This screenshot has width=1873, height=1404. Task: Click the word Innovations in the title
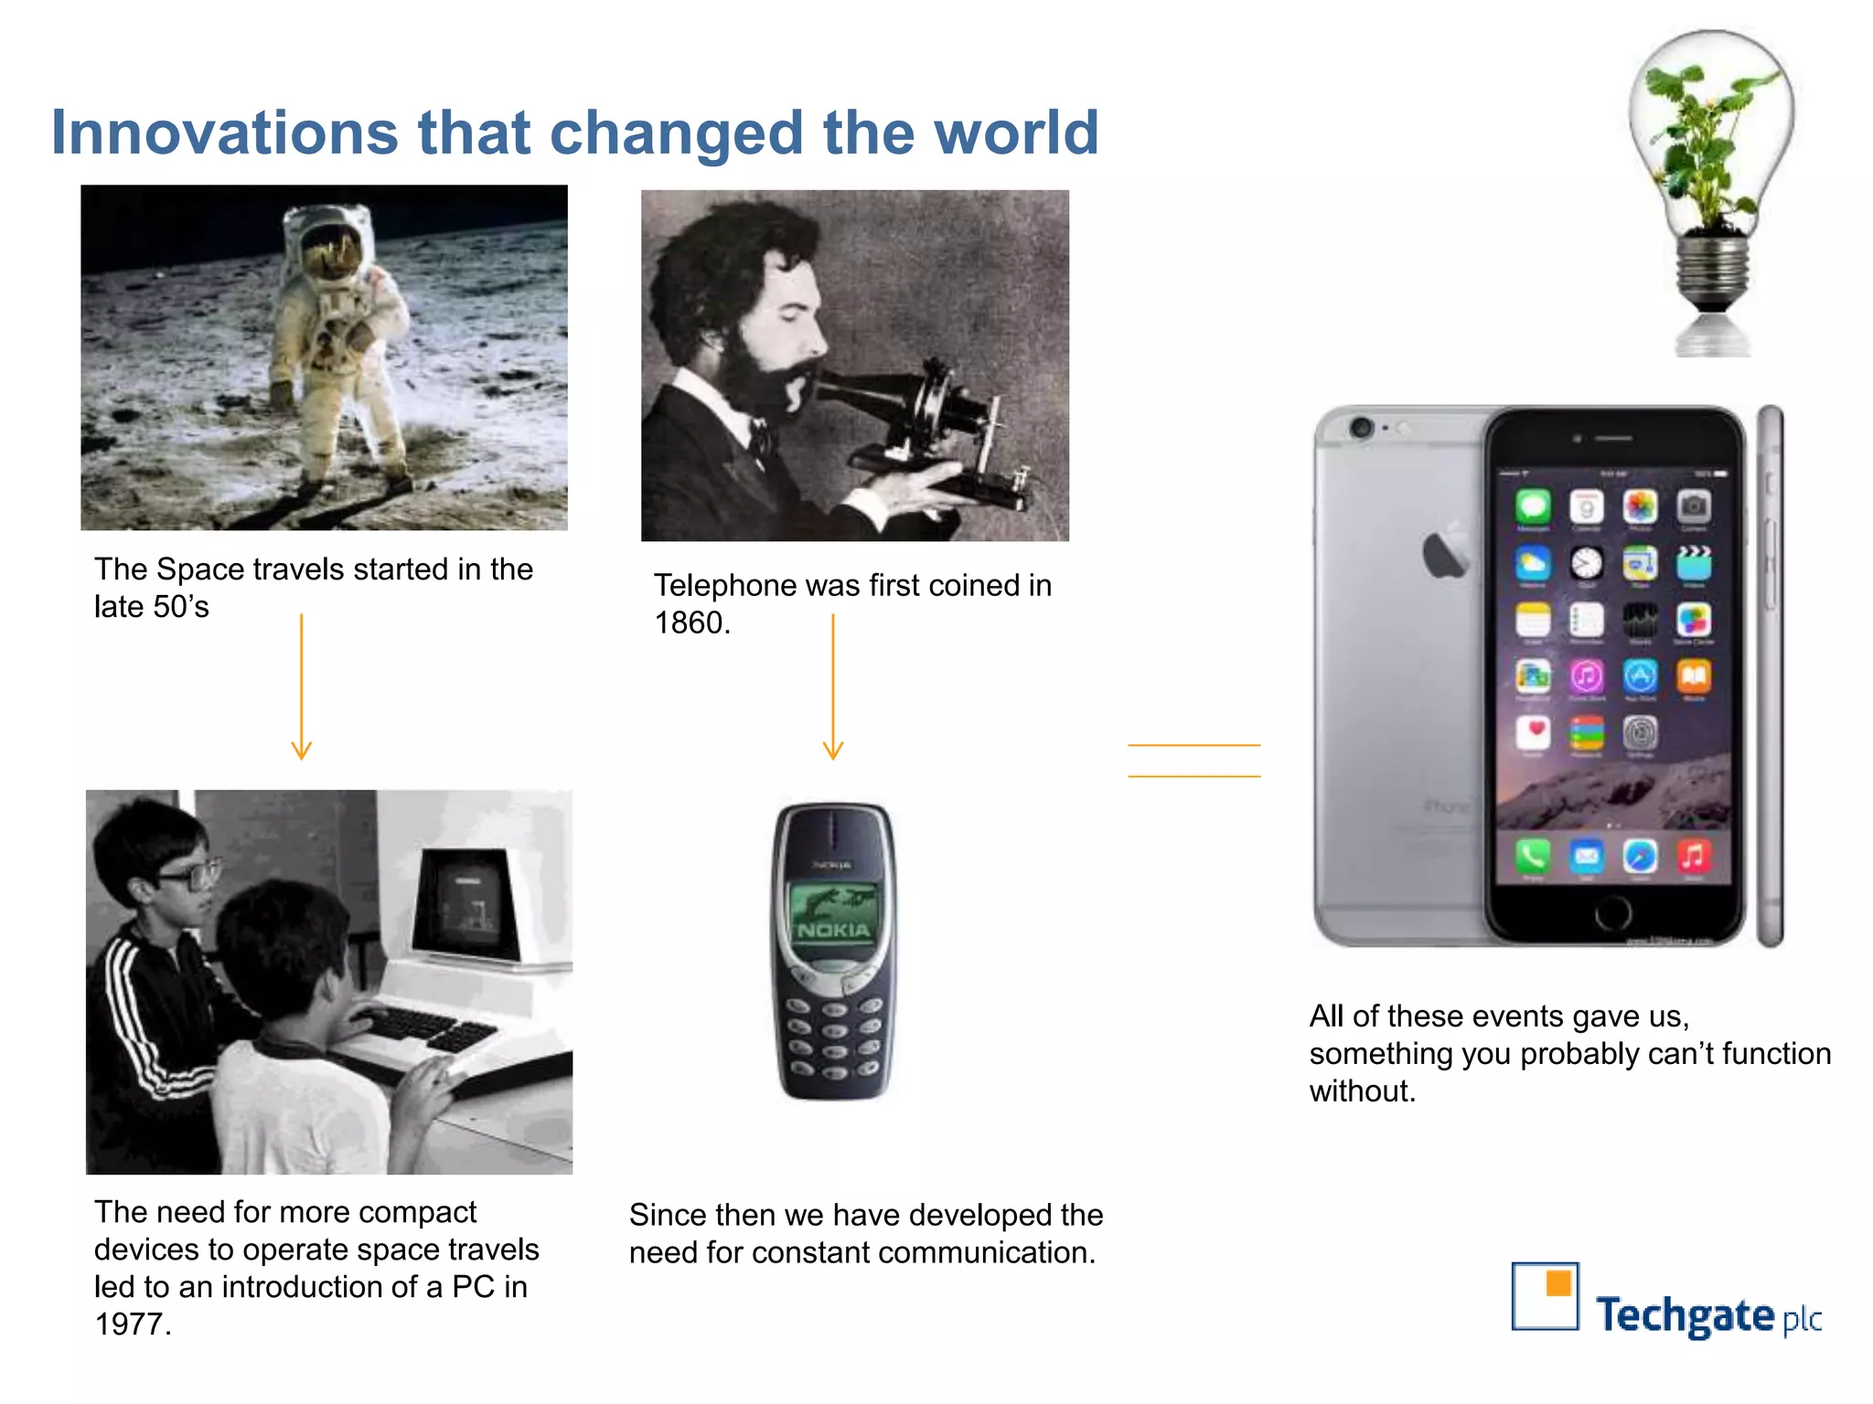(x=224, y=133)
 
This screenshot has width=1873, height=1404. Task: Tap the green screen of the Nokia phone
(x=832, y=914)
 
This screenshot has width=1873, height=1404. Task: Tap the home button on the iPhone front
(x=1612, y=911)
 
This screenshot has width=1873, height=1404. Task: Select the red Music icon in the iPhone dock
(x=1693, y=856)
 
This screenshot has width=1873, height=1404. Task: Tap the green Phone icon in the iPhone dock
(x=1533, y=856)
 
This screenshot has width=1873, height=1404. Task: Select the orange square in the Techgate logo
(x=1558, y=1283)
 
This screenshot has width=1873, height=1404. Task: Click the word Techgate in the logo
(x=1685, y=1316)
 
